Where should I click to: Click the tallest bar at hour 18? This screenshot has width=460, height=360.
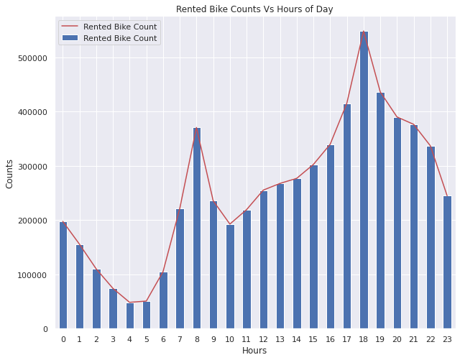coord(364,180)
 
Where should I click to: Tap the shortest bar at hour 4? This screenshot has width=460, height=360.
coord(130,315)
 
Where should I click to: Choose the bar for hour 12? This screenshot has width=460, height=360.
coord(264,259)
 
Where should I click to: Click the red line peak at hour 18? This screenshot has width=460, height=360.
coord(364,32)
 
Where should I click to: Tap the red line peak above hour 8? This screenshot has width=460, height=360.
coord(197,128)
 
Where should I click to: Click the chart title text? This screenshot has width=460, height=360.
coord(254,9)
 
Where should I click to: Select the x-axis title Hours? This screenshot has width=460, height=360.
coord(254,351)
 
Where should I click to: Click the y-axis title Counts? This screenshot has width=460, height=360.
coord(9,173)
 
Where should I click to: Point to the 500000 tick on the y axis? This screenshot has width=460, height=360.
coord(32,58)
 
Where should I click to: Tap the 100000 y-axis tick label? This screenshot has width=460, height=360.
coord(32,275)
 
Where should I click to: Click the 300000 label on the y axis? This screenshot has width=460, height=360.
coord(32,167)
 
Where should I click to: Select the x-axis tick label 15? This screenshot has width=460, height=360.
coord(313,339)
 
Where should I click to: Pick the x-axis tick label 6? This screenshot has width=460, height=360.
coord(163,339)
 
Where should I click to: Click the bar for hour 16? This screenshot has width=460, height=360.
coord(331,237)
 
